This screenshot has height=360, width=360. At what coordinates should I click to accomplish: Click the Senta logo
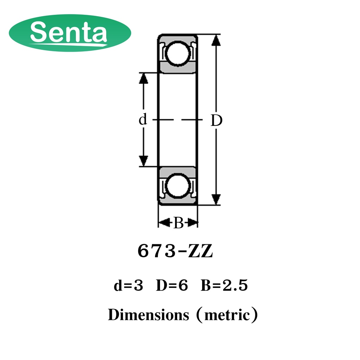tap(70, 33)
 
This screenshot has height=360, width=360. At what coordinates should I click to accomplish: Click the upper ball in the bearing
tap(178, 54)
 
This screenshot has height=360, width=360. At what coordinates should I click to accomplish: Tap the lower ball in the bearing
tap(178, 185)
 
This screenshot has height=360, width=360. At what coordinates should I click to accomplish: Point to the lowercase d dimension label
tap(143, 120)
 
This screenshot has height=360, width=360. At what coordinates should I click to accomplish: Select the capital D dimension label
tap(217, 121)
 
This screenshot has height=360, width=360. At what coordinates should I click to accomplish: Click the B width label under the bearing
tap(178, 223)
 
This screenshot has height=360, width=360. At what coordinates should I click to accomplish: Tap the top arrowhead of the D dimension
tap(216, 40)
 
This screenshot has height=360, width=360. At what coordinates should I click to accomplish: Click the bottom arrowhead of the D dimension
tap(216, 199)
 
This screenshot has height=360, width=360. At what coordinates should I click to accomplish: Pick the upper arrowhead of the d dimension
tap(143, 78)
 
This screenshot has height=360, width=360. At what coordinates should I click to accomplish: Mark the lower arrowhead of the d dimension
tap(143, 161)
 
